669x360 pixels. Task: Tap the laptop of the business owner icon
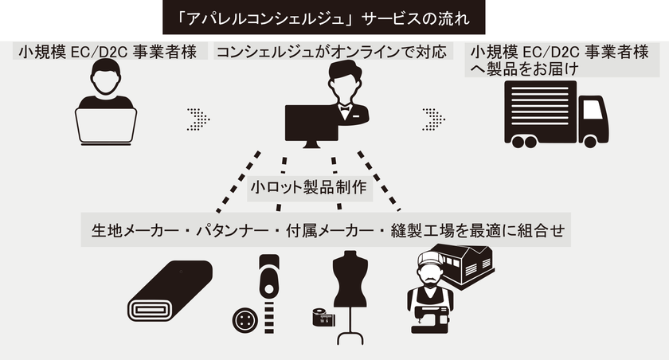coord(106,126)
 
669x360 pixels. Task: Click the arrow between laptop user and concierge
coord(198,119)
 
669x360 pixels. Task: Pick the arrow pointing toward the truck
coord(434,119)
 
